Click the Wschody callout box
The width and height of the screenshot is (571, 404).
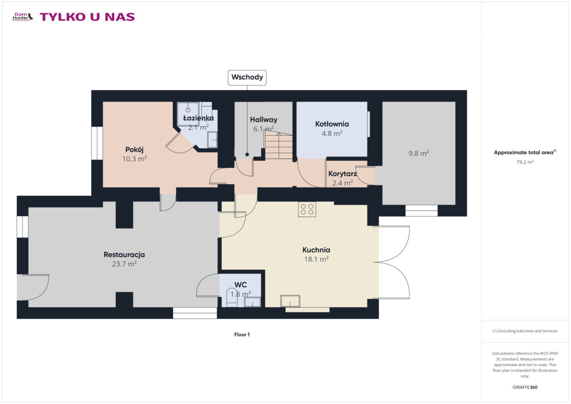click(247, 78)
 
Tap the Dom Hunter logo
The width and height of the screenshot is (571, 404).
click(22, 17)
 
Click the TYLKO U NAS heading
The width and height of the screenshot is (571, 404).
click(87, 17)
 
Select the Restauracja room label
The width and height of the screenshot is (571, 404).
click(124, 255)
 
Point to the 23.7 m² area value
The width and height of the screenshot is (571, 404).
click(124, 264)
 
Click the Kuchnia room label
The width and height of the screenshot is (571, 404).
click(316, 250)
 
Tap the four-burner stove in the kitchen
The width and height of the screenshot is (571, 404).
click(307, 209)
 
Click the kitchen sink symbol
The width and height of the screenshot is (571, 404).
click(290, 301)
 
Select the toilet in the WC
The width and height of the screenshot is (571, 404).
click(232, 298)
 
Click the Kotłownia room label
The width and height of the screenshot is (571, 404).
click(332, 124)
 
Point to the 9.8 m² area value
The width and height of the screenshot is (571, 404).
click(419, 153)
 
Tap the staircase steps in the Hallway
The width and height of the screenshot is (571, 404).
click(279, 145)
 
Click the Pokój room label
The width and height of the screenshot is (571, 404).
click(134, 149)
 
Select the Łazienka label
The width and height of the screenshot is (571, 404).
click(198, 118)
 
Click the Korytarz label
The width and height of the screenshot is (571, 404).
click(342, 174)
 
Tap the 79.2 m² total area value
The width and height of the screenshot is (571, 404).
click(525, 162)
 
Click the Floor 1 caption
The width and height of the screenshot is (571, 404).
click(242, 335)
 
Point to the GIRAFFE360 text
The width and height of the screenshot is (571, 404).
click(525, 387)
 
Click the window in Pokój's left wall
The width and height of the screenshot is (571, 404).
click(97, 143)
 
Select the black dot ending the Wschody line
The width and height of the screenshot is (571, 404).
click(247, 155)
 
